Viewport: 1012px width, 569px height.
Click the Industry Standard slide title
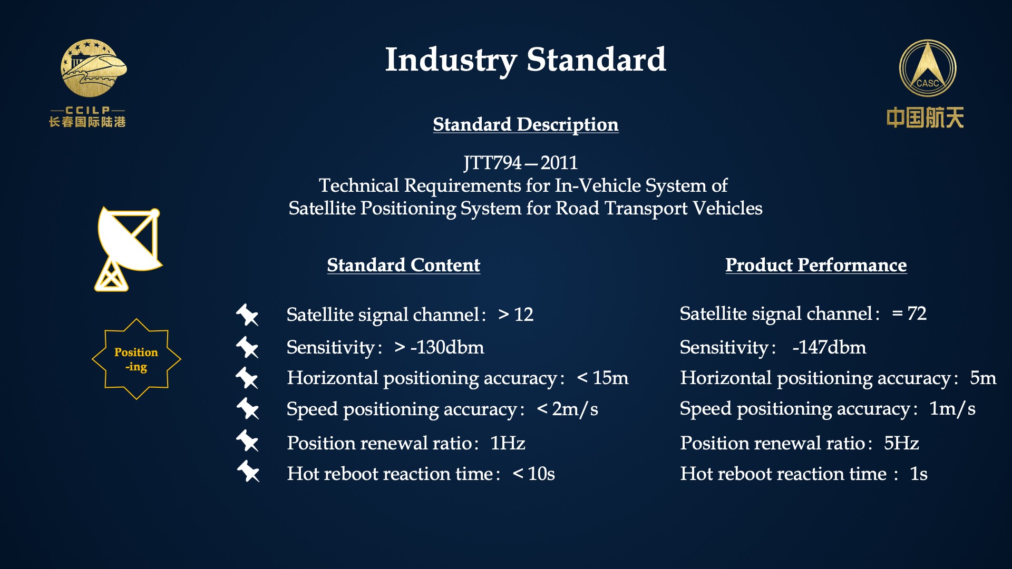pos(526,60)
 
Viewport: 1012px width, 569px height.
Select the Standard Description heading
pos(526,124)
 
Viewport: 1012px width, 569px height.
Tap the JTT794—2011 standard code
pos(521,163)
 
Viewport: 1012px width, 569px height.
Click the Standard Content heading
pos(403,265)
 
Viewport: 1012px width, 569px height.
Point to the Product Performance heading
pos(816,265)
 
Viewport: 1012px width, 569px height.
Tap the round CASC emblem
pos(928,68)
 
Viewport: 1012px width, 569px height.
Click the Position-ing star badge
pos(137,359)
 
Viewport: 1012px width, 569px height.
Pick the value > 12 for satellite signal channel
pos(515,315)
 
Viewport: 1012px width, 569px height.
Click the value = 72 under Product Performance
pos(909,313)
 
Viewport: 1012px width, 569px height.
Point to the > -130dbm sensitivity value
pos(439,347)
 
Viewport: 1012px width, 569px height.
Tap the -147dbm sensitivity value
pos(829,347)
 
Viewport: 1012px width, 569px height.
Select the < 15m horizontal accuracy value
pos(602,378)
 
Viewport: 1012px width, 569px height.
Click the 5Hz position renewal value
pos(901,443)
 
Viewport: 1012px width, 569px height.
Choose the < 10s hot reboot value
pos(533,474)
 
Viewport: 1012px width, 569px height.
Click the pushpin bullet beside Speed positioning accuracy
pos(248,408)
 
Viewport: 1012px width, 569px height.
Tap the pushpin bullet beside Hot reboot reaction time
pos(248,471)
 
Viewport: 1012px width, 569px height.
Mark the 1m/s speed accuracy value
pos(952,409)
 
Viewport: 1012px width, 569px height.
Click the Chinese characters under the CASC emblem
pos(925,117)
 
